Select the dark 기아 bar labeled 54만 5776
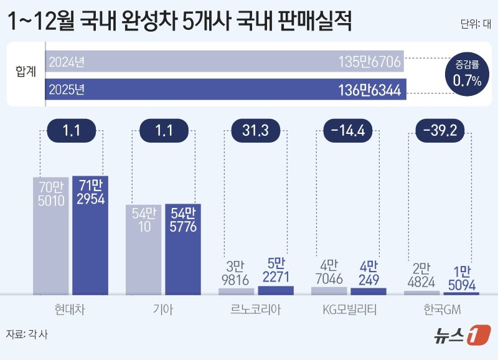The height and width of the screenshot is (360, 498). (x=183, y=249)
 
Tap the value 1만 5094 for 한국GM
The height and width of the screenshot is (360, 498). (x=461, y=278)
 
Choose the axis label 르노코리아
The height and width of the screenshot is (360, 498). (x=255, y=308)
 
